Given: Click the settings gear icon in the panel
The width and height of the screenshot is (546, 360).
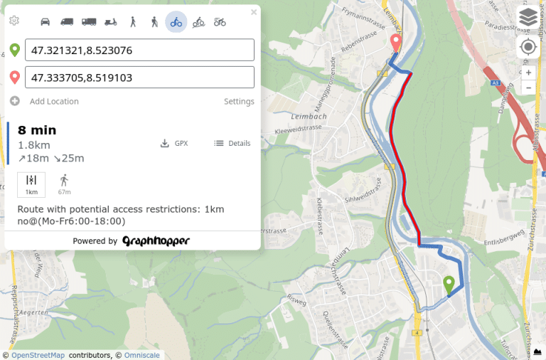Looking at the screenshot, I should [x=14, y=21].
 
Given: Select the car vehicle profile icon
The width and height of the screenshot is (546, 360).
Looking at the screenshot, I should [x=45, y=22].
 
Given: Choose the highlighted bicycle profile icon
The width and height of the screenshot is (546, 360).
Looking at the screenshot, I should [x=176, y=22].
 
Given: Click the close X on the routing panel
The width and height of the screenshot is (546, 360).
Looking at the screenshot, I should [x=254, y=12].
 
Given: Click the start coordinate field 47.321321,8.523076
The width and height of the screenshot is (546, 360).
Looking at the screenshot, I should [x=139, y=51].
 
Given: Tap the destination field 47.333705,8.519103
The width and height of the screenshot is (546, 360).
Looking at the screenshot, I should [x=139, y=78].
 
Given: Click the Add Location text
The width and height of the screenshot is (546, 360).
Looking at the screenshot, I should [x=54, y=102].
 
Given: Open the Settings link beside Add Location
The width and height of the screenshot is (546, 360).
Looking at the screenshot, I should [x=239, y=102].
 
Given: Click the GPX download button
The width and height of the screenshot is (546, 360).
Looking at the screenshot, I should [x=174, y=143].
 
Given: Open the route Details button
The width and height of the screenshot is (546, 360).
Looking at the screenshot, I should [x=232, y=143].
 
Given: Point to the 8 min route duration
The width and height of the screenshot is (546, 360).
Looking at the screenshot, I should [x=37, y=130].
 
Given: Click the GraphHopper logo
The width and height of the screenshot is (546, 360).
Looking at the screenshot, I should [x=156, y=241].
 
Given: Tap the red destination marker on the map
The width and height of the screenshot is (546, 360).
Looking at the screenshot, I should [x=396, y=43].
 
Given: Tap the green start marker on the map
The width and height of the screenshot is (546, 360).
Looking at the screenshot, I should [x=449, y=284].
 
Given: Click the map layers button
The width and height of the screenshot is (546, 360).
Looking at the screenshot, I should [x=528, y=17].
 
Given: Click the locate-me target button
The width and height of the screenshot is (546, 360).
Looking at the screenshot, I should [x=528, y=47].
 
